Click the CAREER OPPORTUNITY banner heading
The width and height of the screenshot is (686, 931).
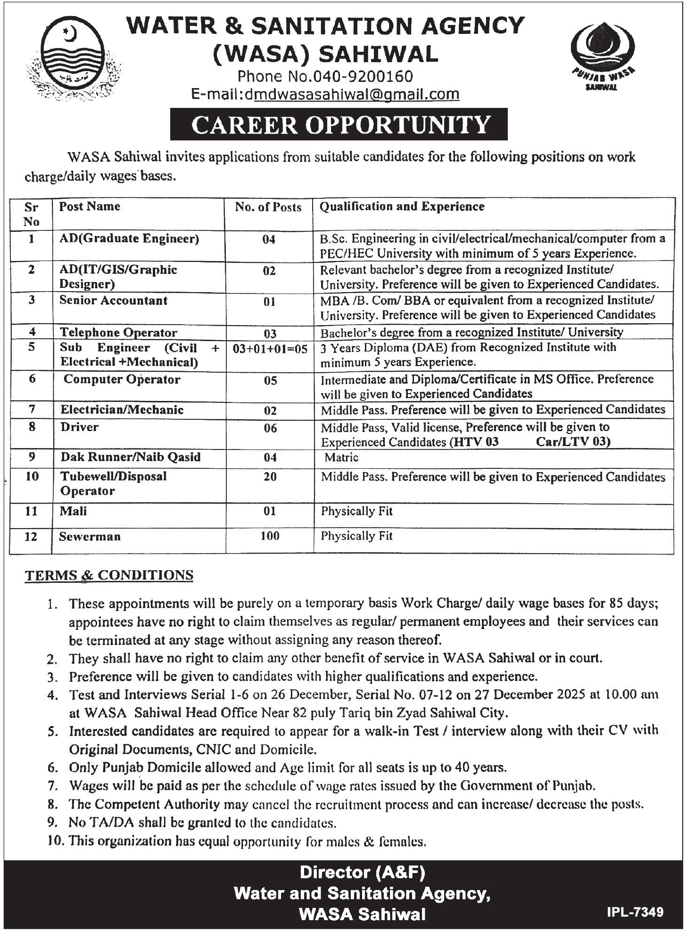coord(339,124)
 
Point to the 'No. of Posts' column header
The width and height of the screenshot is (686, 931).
coord(268,207)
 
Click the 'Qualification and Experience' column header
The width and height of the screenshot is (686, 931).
coord(402,206)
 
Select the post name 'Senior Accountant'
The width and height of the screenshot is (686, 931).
coord(113,301)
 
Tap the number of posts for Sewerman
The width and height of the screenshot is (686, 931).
coord(270,536)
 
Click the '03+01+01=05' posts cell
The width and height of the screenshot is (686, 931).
coord(270,349)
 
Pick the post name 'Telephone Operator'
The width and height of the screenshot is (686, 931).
coord(118,332)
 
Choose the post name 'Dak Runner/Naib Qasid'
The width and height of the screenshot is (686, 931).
coord(131,457)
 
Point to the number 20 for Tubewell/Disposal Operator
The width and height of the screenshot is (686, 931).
coord(270,476)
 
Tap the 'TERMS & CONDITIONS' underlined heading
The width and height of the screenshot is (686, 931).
coord(109,575)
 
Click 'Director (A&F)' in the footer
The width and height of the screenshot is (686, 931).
coord(363,873)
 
